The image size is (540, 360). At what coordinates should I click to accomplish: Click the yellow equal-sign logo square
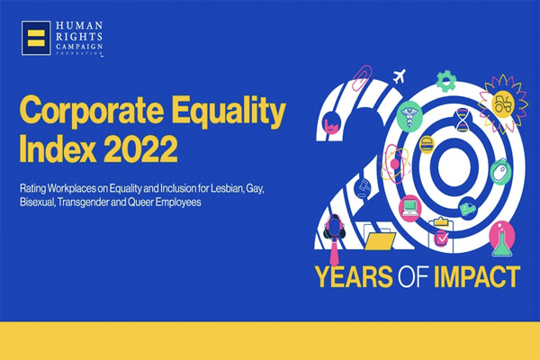[x=36, y=38]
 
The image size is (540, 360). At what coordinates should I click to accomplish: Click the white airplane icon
[x=400, y=76]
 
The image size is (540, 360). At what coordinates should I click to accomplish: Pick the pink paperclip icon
[x=361, y=77]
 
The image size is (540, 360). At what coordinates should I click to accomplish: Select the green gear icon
[x=446, y=81]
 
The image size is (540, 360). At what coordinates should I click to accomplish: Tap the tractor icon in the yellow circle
[x=503, y=103]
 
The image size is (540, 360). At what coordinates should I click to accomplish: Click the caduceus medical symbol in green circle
[x=409, y=115]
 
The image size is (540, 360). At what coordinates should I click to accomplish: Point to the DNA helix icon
[x=463, y=119]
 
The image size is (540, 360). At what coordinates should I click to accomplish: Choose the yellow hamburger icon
[x=427, y=144]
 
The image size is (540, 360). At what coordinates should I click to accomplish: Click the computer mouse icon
[x=500, y=172]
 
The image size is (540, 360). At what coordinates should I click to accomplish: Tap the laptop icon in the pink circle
[x=409, y=208]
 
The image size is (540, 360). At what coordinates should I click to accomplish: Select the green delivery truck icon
[x=468, y=209]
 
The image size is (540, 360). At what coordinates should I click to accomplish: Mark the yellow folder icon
[x=380, y=241]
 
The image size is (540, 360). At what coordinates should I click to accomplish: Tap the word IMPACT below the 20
[x=477, y=276]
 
